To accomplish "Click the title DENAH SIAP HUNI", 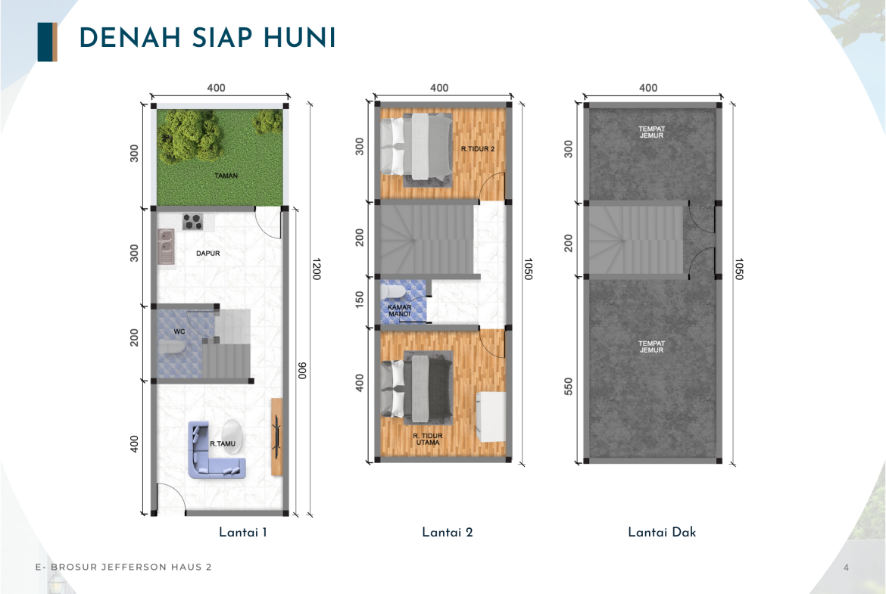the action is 207,39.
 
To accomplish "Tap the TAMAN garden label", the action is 226,176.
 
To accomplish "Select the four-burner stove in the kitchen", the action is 192,222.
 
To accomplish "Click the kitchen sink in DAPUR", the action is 166,246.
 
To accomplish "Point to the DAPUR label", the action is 208,253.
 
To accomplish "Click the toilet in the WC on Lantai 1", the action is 170,347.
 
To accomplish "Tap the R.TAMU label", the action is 223,444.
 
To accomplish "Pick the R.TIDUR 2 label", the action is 478,149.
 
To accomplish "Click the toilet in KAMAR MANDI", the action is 393,291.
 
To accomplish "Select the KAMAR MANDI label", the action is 400,310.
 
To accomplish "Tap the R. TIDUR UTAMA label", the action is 428,440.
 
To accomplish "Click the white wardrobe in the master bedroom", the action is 491,417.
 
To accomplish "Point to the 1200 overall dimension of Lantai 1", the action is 317,269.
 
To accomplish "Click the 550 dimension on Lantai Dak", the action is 569,386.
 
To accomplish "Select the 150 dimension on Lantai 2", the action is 360,299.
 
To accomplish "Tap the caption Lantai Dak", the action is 662,533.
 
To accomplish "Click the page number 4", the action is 846,568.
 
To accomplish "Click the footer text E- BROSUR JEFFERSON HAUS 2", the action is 123,567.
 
